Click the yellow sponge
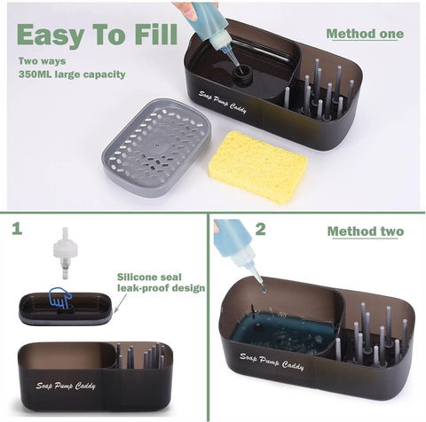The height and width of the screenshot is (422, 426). tap(258, 167)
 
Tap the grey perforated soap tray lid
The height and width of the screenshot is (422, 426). tap(156, 147)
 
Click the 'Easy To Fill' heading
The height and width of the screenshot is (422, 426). tap(97, 35)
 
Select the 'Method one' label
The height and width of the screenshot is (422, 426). tap(365, 34)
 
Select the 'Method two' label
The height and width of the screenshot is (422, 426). tap(366, 231)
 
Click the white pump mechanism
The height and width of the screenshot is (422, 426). tap(66, 253)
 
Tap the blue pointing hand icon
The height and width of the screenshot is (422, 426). tap(60, 297)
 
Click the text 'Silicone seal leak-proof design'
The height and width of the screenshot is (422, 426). tap(161, 282)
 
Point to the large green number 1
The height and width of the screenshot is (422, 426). tap(17, 229)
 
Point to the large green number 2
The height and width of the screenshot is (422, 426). tap(260, 229)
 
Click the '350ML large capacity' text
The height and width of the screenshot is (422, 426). tap(72, 74)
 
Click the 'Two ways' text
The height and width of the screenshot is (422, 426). tap(42, 61)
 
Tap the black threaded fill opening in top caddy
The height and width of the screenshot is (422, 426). tap(242, 74)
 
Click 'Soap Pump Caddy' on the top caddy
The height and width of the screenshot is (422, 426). tap(223, 102)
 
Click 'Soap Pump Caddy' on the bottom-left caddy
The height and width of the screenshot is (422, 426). tap(66, 386)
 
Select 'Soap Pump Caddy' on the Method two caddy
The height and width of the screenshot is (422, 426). tap(272, 361)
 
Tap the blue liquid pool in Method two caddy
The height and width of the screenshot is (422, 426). tap(284, 331)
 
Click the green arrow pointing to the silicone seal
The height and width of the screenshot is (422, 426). tap(121, 302)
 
